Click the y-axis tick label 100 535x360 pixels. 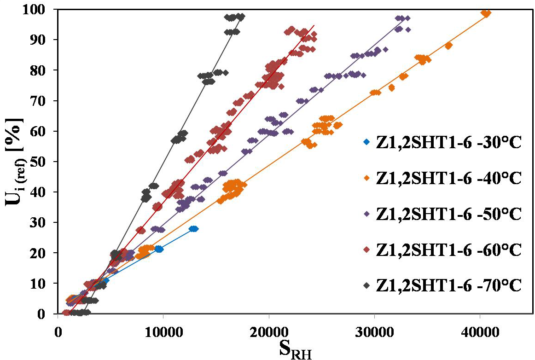click(x=37, y=9)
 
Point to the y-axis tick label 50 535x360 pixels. click(x=42, y=162)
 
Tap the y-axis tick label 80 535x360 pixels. click(x=42, y=70)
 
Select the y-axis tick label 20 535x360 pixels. click(x=42, y=253)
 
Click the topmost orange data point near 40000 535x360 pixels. click(x=485, y=13)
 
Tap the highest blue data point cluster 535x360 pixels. click(x=193, y=229)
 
